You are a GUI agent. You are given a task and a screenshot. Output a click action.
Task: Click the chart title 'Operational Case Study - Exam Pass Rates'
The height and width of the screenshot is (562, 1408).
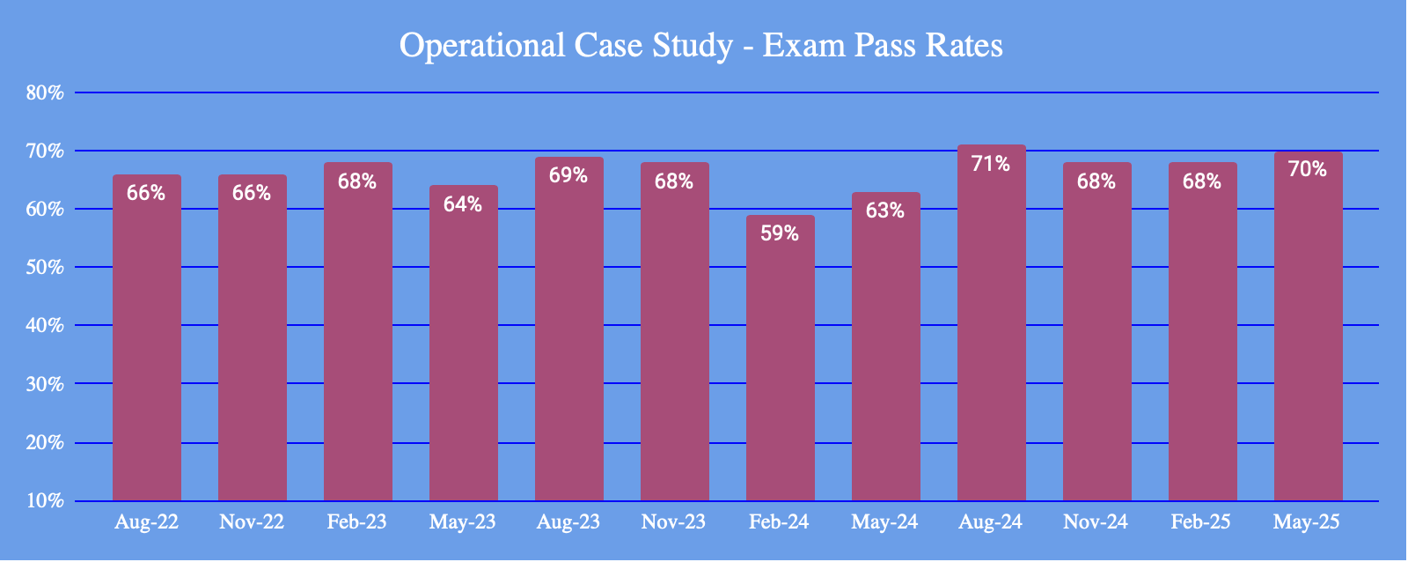[701, 46]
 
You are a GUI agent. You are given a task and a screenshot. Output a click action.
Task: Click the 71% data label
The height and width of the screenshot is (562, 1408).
[992, 163]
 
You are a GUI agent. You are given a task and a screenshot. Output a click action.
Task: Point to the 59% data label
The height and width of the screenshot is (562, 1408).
[781, 233]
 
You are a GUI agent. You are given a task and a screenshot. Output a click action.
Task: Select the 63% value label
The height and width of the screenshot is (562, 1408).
[885, 211]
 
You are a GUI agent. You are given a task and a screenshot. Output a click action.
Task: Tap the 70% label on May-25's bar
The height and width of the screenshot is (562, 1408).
[1308, 169]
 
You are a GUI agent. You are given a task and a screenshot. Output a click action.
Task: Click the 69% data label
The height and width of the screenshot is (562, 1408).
[568, 175]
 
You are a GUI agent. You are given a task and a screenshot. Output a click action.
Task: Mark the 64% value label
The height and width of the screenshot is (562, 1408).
[463, 204]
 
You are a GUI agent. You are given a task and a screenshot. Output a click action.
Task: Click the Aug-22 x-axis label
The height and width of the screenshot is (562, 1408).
[147, 522]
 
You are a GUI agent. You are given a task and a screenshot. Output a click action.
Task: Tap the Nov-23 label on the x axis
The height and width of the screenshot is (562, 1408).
[674, 522]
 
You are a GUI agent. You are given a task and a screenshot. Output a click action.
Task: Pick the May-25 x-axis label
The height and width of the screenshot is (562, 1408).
[1307, 522]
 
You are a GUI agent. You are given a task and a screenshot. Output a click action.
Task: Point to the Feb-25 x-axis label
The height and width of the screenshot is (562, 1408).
[1201, 522]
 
